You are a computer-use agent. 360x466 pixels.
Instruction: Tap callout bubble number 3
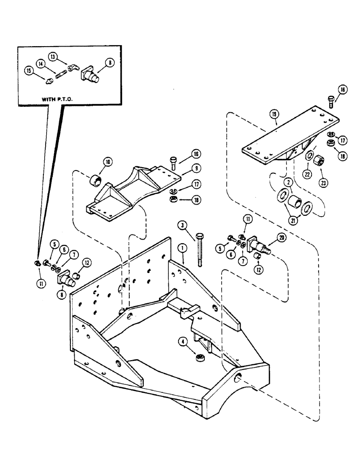pyautogui.click(x=184, y=226)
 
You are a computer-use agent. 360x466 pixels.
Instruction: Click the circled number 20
pyautogui.click(x=281, y=237)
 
